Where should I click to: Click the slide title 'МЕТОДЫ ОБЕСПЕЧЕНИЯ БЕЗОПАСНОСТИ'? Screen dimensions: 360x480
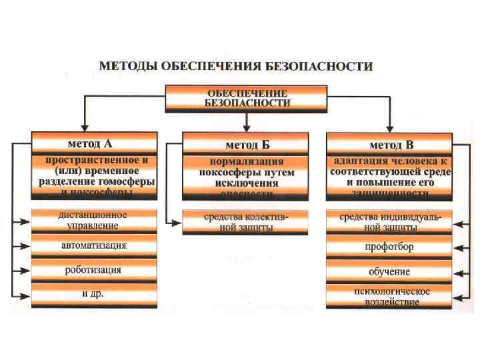click(x=236, y=66)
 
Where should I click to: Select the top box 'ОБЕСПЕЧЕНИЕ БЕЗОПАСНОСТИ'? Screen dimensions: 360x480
click(x=246, y=98)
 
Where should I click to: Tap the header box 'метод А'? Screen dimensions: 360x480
click(x=94, y=144)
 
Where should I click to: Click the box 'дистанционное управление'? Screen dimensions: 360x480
click(x=94, y=221)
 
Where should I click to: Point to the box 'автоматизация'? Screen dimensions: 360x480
click(x=94, y=245)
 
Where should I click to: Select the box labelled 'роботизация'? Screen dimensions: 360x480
click(x=94, y=270)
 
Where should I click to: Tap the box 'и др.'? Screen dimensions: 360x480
click(x=94, y=293)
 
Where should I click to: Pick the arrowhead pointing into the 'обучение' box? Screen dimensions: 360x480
click(x=457, y=272)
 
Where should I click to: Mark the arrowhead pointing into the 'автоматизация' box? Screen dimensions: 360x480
click(x=27, y=246)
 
